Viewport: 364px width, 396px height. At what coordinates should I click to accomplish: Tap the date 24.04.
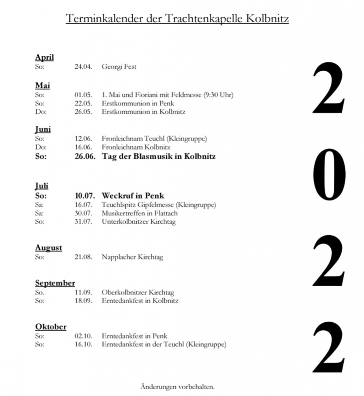click(83, 66)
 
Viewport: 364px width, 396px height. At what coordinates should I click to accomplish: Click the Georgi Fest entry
click(119, 66)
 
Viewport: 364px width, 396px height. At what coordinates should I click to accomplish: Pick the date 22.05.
click(83, 103)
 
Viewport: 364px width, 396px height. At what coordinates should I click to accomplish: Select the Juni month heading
click(43, 130)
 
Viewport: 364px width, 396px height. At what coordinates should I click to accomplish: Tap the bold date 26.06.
click(85, 156)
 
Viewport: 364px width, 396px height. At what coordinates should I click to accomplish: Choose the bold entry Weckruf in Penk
click(133, 195)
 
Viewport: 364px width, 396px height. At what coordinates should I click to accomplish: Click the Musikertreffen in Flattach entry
click(140, 213)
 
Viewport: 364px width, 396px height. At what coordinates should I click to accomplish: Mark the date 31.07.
click(83, 221)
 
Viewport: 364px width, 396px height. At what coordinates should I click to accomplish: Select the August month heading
click(49, 247)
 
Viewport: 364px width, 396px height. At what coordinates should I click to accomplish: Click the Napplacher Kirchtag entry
click(132, 257)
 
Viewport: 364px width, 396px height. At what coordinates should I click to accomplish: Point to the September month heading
click(55, 283)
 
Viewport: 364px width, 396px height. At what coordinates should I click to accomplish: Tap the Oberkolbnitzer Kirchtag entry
click(138, 292)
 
